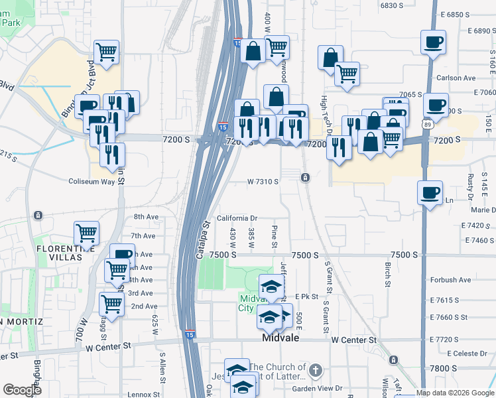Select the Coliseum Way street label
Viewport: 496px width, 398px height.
coord(92,181)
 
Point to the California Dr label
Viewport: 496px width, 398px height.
coord(237,218)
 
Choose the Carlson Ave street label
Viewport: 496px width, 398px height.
coord(456,78)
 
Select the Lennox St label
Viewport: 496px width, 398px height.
coord(140,394)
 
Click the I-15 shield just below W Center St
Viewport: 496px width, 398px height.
coord(190,336)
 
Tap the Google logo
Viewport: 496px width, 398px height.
coord(23,390)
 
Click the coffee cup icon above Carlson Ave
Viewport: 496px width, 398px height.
coord(433,43)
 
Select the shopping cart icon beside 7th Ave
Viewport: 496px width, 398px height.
coord(87,232)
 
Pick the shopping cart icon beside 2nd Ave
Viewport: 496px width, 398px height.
coord(112,304)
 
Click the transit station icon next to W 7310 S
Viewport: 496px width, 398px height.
coord(306,177)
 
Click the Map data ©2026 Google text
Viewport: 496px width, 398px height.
coord(454,393)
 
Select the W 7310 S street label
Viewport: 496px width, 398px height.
coord(263,181)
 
